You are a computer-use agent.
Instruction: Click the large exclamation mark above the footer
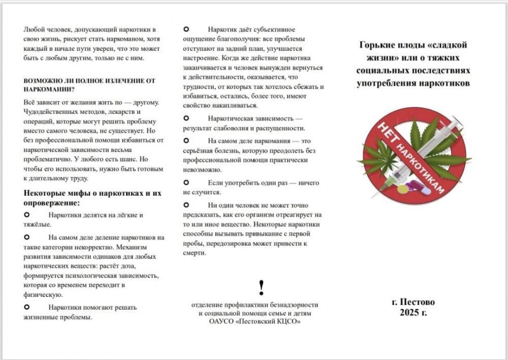click(261, 288)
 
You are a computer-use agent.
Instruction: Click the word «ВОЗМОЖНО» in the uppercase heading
click(41, 80)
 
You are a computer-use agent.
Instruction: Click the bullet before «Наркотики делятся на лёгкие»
click(27, 215)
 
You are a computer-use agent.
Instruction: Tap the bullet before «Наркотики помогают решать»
click(27, 307)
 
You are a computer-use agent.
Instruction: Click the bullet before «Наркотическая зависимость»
click(186, 118)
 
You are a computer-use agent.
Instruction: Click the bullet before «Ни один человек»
click(186, 204)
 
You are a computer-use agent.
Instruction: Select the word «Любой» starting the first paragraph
click(34, 29)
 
